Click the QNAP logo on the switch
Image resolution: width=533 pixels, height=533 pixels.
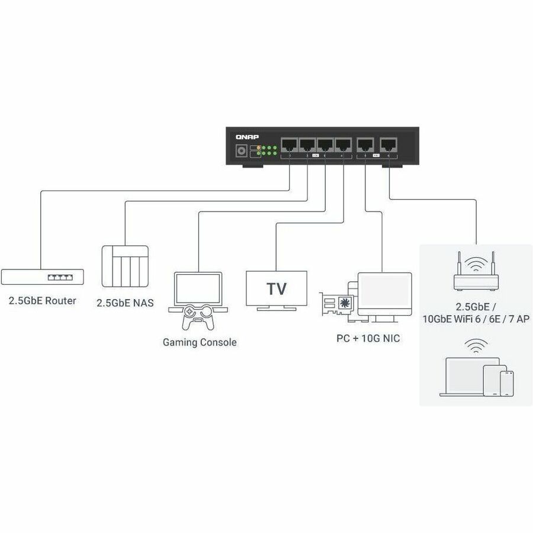(243, 136)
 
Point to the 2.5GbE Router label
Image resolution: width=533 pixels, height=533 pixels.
(42, 301)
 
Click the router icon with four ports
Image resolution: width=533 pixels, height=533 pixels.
(42, 276)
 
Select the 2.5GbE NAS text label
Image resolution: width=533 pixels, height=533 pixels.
(125, 303)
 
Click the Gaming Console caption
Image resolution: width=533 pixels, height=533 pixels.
(200, 342)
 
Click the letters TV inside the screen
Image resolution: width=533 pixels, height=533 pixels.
(277, 289)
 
